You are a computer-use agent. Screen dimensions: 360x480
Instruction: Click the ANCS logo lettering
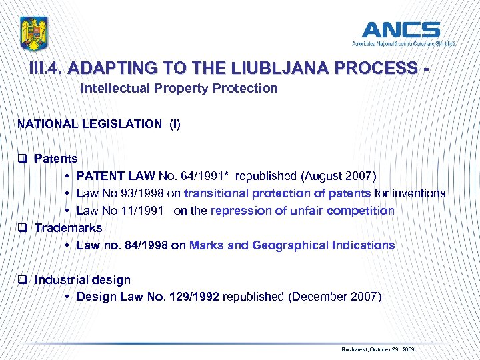point(401,29)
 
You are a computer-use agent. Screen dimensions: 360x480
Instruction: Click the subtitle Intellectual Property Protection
point(179,88)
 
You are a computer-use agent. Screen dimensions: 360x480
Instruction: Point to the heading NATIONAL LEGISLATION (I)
point(99,123)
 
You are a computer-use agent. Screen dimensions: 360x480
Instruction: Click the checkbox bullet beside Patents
point(22,159)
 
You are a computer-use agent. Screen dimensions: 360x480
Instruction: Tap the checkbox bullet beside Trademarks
point(22,228)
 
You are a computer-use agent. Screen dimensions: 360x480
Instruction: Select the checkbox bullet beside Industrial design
point(22,280)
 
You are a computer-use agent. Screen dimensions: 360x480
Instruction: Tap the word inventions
point(419,193)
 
